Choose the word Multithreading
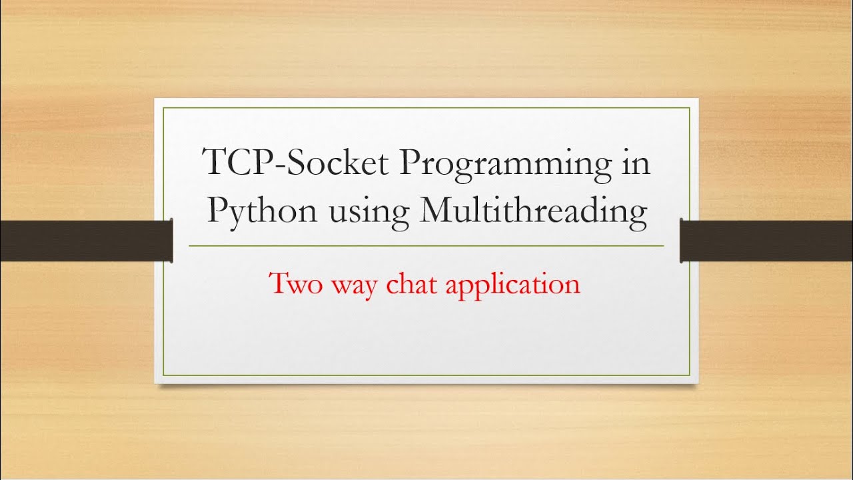pyautogui.click(x=534, y=213)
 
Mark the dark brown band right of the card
pyautogui.click(x=766, y=240)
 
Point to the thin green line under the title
pyautogui.click(x=426, y=246)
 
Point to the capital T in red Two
pyautogui.click(x=279, y=283)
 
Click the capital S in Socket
pyautogui.click(x=298, y=163)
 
